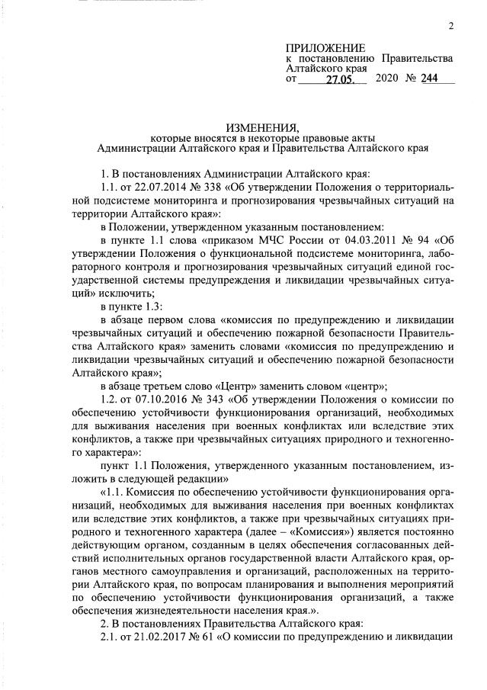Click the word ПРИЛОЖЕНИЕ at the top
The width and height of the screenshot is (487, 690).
(321, 48)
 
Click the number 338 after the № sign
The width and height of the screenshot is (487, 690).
(219, 188)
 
